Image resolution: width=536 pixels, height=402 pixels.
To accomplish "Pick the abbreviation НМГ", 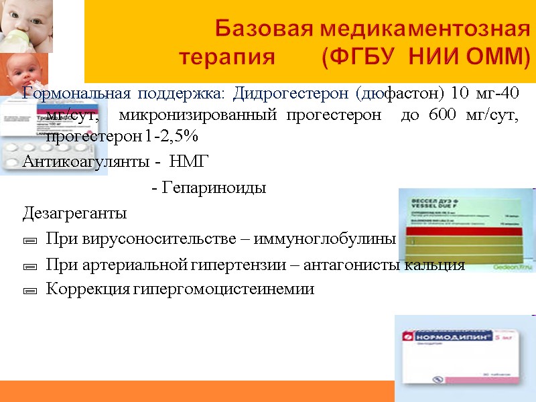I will pyautogui.click(x=190, y=161).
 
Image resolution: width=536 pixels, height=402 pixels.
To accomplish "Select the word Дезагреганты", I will pyautogui.click(x=74, y=214).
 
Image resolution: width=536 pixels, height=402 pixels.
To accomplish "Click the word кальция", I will pyautogui.click(x=437, y=265).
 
